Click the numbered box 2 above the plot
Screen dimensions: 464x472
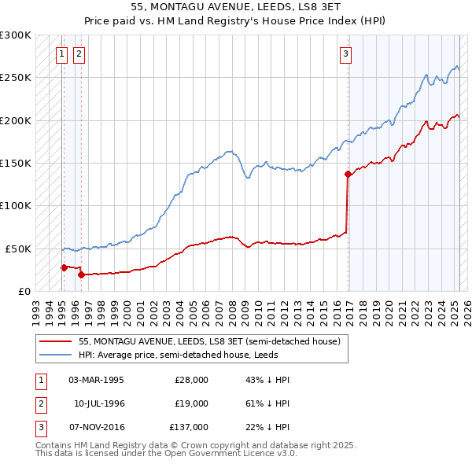click(79, 54)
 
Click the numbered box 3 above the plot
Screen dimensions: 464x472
click(345, 54)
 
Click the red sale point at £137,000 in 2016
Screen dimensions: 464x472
click(348, 174)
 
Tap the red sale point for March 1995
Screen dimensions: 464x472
click(64, 267)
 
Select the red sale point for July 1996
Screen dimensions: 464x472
click(81, 274)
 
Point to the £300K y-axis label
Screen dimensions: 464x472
click(15, 35)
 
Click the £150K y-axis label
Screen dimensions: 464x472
click(15, 163)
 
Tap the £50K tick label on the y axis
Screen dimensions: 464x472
click(17, 249)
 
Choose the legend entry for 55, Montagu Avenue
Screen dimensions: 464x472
click(208, 342)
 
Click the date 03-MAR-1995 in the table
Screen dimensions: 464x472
click(96, 380)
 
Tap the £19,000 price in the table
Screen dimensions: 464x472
click(191, 403)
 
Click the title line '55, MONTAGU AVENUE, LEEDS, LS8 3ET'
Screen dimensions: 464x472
click(236, 7)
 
